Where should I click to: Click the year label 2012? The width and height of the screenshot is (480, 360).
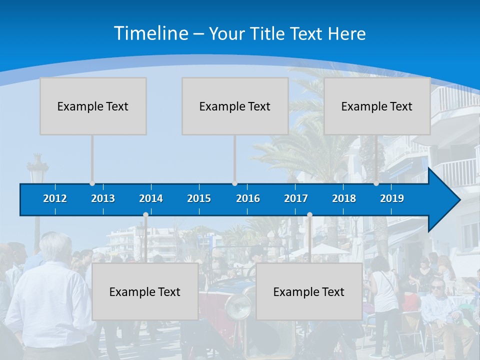click(55, 198)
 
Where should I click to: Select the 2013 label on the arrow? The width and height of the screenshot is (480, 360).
click(103, 198)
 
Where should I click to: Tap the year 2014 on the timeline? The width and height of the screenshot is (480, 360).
click(151, 198)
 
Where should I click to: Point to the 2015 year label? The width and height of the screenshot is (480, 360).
click(199, 198)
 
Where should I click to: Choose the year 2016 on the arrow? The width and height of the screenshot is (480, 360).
click(248, 198)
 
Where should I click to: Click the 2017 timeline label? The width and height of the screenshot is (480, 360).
click(296, 198)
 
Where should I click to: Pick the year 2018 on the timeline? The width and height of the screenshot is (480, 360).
click(344, 198)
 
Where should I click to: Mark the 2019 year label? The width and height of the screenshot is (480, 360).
click(392, 198)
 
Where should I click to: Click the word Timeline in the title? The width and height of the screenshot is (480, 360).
click(150, 33)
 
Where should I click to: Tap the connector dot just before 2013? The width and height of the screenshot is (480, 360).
click(92, 183)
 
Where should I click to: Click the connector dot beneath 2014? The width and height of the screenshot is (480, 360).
click(145, 215)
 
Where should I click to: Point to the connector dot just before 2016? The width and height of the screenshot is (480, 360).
click(234, 183)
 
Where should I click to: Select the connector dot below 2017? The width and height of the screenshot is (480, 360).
click(309, 215)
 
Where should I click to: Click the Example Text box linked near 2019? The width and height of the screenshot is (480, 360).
click(377, 106)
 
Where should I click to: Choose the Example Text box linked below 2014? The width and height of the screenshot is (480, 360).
click(145, 291)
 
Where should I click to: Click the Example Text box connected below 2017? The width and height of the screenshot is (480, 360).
click(309, 291)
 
